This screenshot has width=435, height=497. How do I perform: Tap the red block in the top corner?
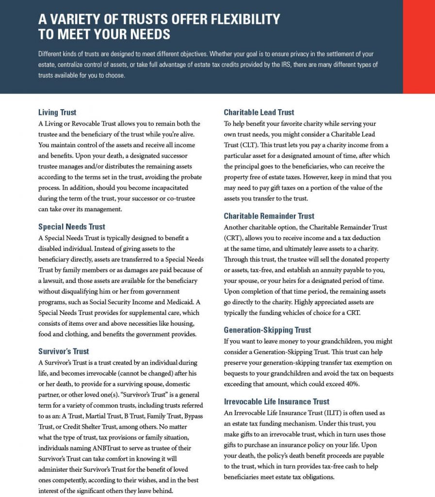pos(419,47)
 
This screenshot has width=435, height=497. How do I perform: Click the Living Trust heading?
pos(57,113)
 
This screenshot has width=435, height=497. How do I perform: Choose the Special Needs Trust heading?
pos(71,227)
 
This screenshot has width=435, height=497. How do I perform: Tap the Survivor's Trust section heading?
pos(64,351)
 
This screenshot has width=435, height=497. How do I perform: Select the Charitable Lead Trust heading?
pos(259,113)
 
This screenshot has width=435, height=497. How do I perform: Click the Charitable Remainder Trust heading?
pos(269,216)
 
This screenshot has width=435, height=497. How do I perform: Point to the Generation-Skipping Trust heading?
pos(267,330)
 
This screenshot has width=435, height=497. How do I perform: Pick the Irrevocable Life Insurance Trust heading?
pos(276,401)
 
